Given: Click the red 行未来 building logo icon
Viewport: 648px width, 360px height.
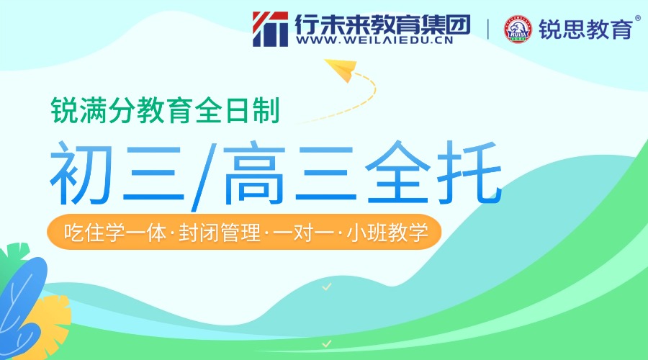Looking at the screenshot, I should (x=271, y=28).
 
